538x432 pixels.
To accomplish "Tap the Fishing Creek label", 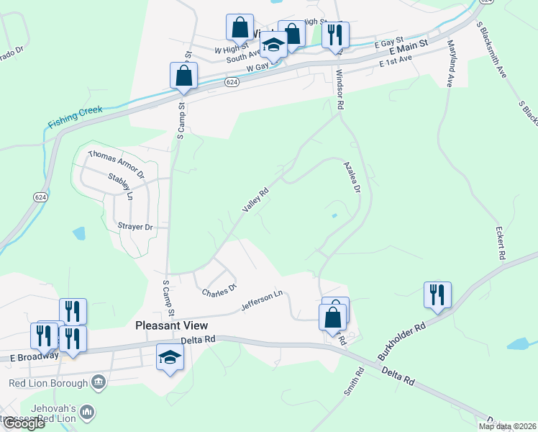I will [x=76, y=116].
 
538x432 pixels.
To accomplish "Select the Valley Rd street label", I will [x=255, y=200].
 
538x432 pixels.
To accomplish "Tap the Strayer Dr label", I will [x=135, y=227].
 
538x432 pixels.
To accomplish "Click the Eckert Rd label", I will [x=499, y=244].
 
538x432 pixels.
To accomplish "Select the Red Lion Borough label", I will [x=48, y=383].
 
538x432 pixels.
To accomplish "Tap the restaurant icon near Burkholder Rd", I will [x=437, y=294].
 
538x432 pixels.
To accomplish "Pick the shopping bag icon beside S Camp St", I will [x=183, y=75].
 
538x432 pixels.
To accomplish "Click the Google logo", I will [x=24, y=423].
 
